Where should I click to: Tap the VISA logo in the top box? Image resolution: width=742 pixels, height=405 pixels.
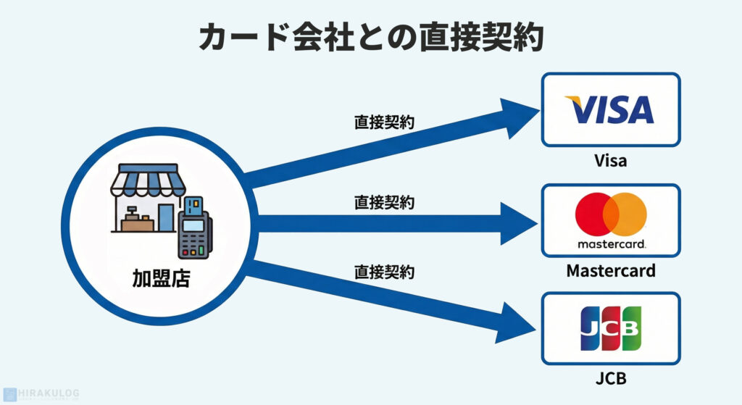(610, 109)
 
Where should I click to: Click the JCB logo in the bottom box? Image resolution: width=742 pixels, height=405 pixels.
(610, 328)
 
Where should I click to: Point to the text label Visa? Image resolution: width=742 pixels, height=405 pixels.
(610, 160)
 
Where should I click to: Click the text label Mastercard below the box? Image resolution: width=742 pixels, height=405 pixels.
(610, 271)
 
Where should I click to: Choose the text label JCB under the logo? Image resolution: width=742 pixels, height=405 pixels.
(610, 379)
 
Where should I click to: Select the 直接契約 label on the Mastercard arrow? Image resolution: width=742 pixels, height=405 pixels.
(384, 203)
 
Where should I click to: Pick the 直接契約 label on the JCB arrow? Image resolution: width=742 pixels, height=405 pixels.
(384, 272)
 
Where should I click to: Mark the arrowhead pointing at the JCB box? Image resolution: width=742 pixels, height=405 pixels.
(516, 320)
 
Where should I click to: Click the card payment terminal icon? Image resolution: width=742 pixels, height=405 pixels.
(193, 227)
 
